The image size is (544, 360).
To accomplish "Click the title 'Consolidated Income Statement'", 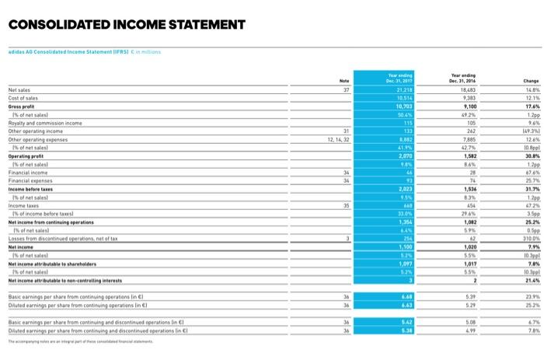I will point(127,24).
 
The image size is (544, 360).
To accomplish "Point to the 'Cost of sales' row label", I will point(24,119).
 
